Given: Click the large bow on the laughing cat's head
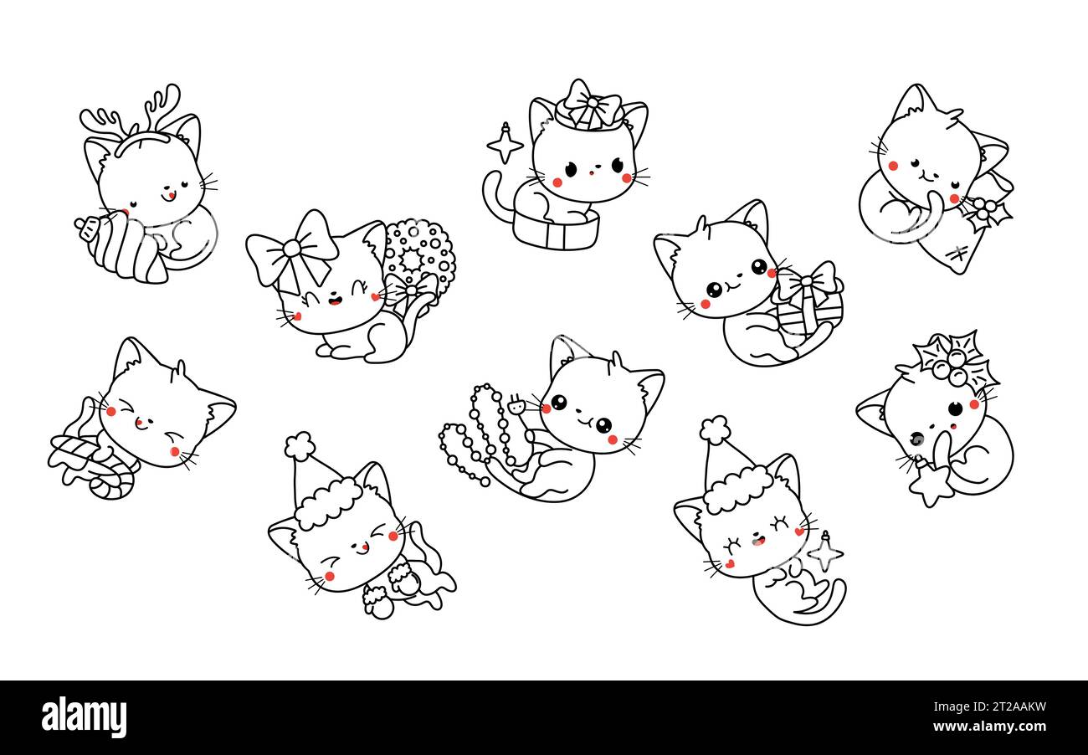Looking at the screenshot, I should [292, 249].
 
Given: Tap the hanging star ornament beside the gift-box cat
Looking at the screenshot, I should [505, 144].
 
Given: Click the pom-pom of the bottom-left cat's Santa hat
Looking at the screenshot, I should [299, 445].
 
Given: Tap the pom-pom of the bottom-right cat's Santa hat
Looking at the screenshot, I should [715, 429].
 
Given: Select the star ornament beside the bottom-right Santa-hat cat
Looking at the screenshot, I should [824, 552].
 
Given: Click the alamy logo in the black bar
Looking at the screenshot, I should [84, 717].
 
